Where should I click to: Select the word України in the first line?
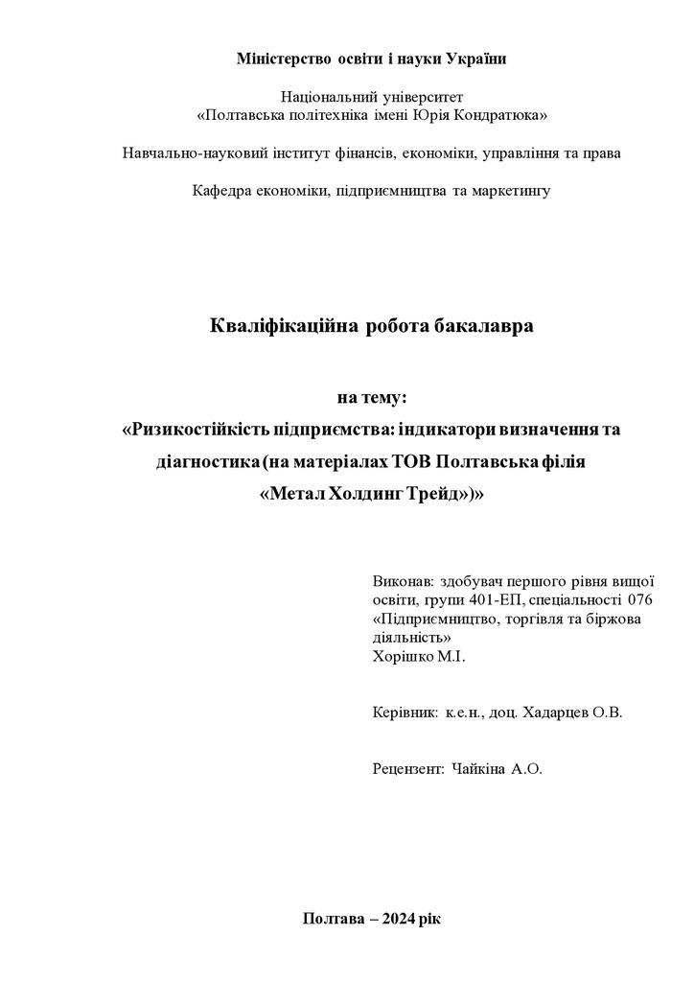click(x=475, y=59)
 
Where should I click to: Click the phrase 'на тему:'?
click(x=372, y=397)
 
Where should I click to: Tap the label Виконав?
click(x=402, y=581)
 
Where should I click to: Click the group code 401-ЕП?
click(x=497, y=600)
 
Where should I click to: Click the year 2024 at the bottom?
click(x=399, y=918)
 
